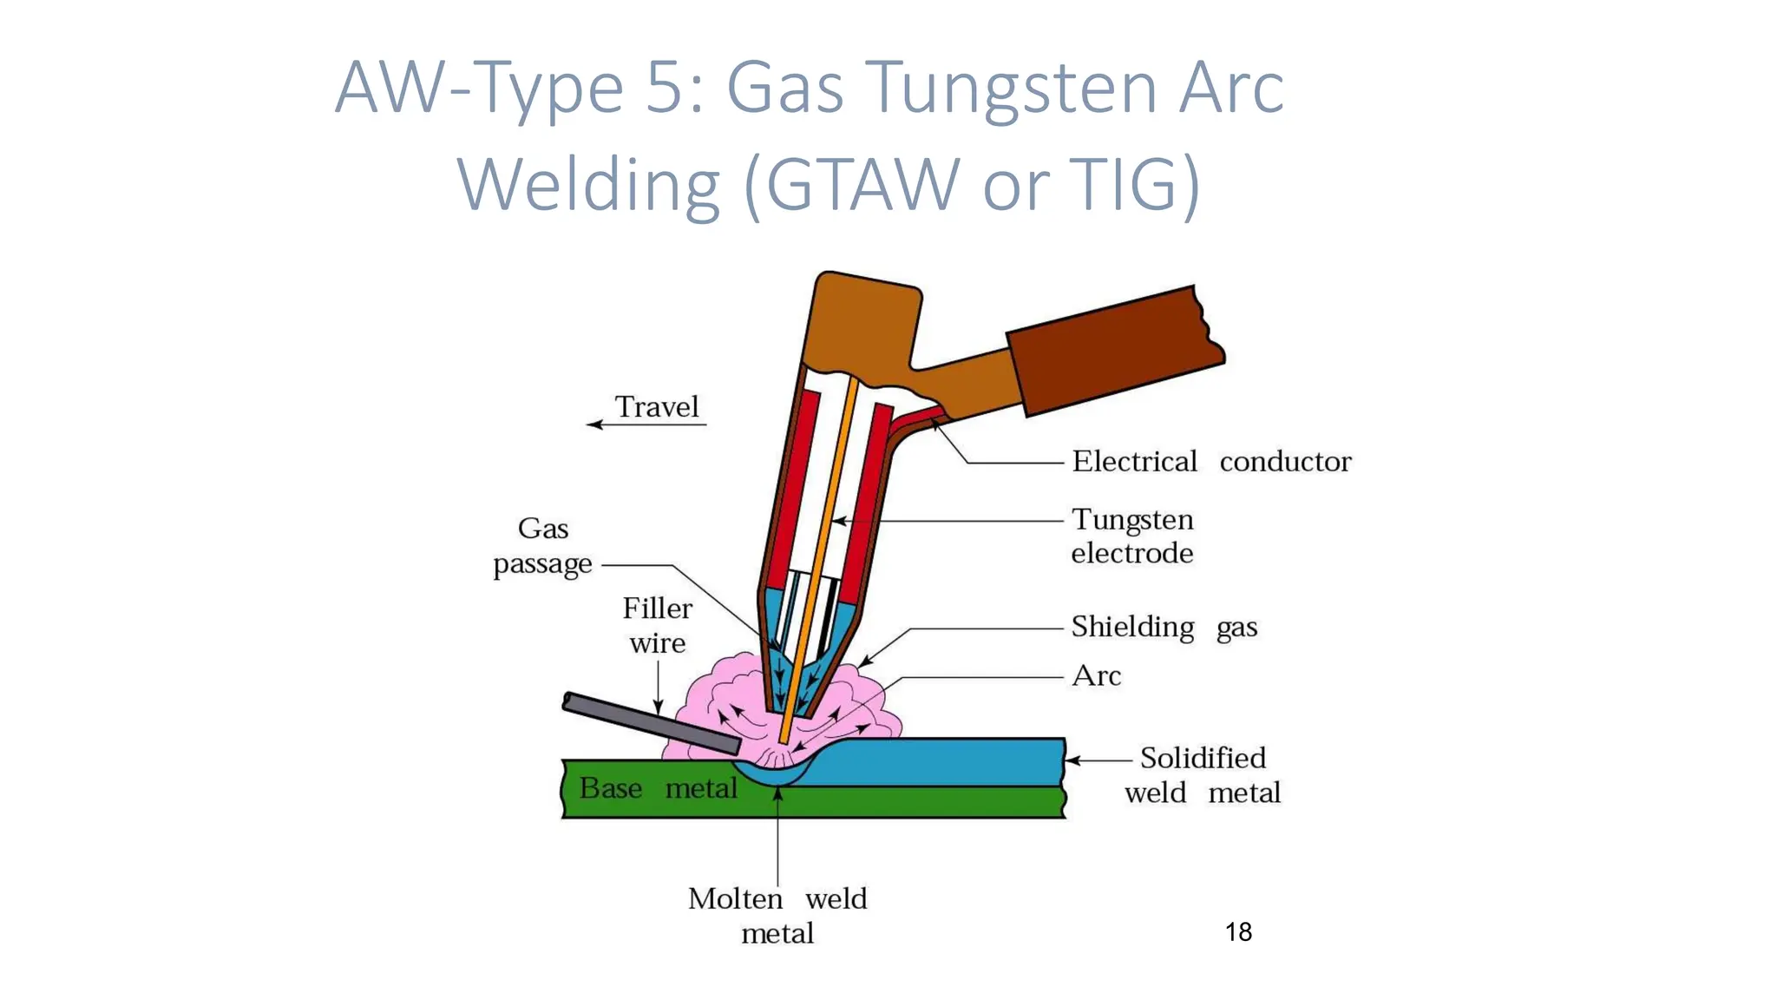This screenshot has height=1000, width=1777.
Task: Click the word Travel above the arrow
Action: [x=657, y=406]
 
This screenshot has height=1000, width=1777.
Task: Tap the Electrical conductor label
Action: [x=1211, y=461]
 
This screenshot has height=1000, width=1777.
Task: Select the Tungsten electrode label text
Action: [x=1132, y=536]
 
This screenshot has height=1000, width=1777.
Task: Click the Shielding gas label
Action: [x=1164, y=626]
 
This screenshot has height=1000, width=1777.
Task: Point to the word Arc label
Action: [x=1097, y=675]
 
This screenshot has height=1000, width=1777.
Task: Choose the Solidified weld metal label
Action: [x=1203, y=774]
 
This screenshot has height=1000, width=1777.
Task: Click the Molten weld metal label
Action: [x=777, y=915]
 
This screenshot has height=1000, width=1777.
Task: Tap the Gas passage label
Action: [x=543, y=545]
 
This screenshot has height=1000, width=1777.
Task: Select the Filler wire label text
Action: [x=658, y=625]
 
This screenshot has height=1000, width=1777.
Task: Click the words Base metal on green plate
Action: [x=658, y=788]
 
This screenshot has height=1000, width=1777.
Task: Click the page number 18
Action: [x=1238, y=931]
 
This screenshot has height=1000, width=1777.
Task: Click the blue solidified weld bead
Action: [x=946, y=761]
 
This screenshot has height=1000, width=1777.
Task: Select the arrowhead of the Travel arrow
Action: [x=593, y=424]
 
